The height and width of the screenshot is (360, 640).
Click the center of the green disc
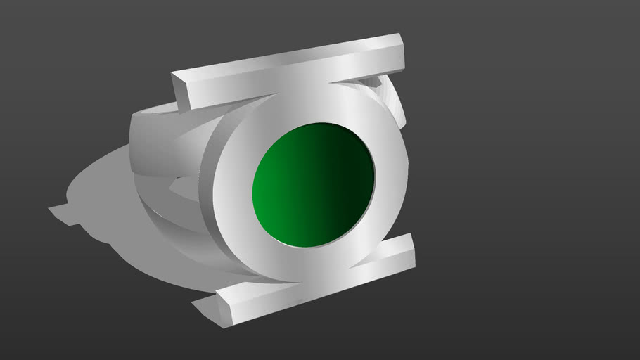(313, 184)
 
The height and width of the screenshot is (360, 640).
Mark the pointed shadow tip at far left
(53, 209)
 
